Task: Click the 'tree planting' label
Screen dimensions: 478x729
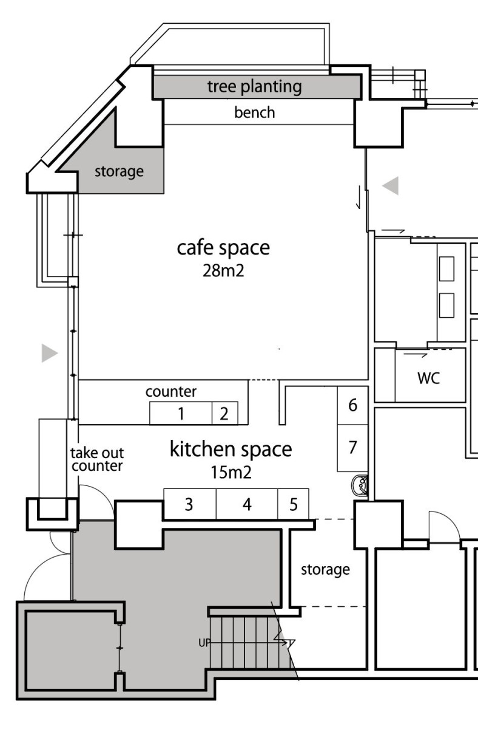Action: pyautogui.click(x=254, y=87)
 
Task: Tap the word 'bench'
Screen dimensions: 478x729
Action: pyautogui.click(x=254, y=112)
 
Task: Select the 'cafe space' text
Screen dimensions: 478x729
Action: pyautogui.click(x=223, y=248)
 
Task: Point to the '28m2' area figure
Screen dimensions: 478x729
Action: pyautogui.click(x=223, y=270)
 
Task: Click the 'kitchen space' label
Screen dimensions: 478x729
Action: pyautogui.click(x=231, y=450)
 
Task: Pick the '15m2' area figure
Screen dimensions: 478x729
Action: pyautogui.click(x=231, y=472)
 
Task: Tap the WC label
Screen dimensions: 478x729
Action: pyautogui.click(x=429, y=378)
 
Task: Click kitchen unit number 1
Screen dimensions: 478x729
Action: pyautogui.click(x=181, y=414)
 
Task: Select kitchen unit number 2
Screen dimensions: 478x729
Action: pyautogui.click(x=224, y=414)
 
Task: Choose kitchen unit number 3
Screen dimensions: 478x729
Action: pyautogui.click(x=189, y=504)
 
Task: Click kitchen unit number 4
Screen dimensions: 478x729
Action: pyautogui.click(x=247, y=504)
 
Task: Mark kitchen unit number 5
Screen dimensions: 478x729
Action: pyautogui.click(x=294, y=504)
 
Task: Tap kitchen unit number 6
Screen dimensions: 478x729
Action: pyautogui.click(x=353, y=405)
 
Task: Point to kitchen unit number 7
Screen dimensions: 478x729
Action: pyautogui.click(x=353, y=447)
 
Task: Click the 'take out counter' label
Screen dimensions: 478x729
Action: pyautogui.click(x=97, y=459)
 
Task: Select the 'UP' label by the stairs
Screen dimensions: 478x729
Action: pyautogui.click(x=204, y=643)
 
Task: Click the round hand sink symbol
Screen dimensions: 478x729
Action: pyautogui.click(x=359, y=485)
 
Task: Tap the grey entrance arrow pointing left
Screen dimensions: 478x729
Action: pyautogui.click(x=391, y=186)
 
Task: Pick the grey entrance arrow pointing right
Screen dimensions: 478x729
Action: pyautogui.click(x=50, y=353)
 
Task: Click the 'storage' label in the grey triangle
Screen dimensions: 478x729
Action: pyautogui.click(x=119, y=171)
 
